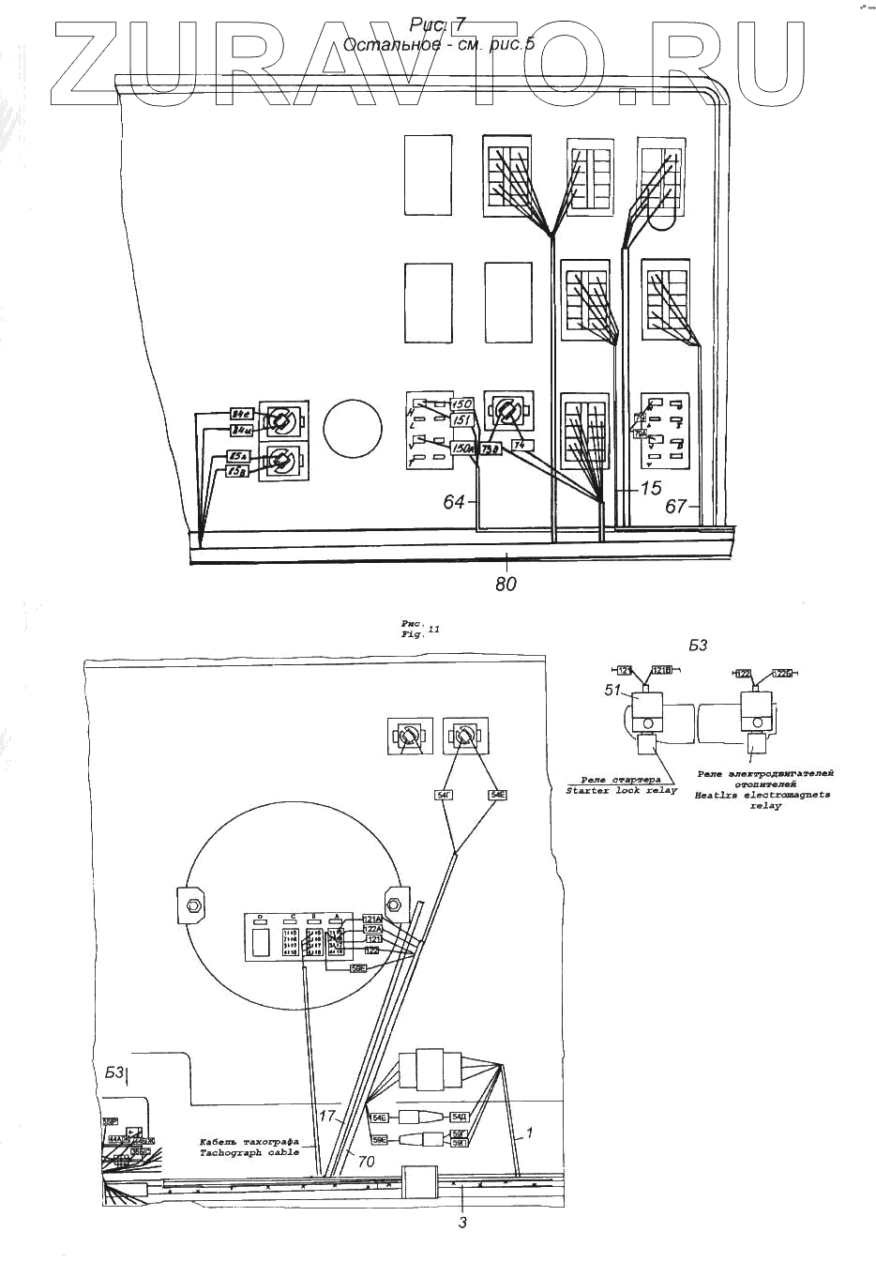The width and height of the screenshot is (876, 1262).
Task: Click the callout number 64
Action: (454, 503)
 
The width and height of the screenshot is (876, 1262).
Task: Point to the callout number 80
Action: (506, 583)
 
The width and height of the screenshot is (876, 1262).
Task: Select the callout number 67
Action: (676, 507)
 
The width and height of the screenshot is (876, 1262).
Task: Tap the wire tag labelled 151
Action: (461, 421)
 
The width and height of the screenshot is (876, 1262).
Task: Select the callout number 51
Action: (612, 690)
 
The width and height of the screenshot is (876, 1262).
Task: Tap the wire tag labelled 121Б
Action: (661, 670)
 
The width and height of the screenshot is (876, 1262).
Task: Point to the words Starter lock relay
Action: (621, 791)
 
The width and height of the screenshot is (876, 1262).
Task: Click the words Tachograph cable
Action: (249, 1151)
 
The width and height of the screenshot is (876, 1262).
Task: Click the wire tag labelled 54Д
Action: (460, 1117)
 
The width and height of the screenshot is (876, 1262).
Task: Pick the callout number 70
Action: (366, 1161)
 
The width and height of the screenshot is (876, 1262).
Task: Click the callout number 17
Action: (326, 1117)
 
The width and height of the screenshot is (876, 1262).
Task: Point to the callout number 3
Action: (462, 1222)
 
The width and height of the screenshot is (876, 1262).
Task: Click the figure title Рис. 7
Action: (431, 25)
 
